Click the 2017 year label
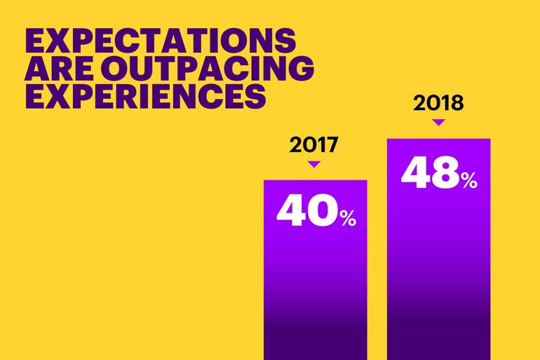coord(314,145)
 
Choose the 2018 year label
coord(438,104)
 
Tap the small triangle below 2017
coord(314,164)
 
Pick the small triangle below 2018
coord(439,123)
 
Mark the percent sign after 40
coord(348,218)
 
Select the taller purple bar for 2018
coord(438,267)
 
